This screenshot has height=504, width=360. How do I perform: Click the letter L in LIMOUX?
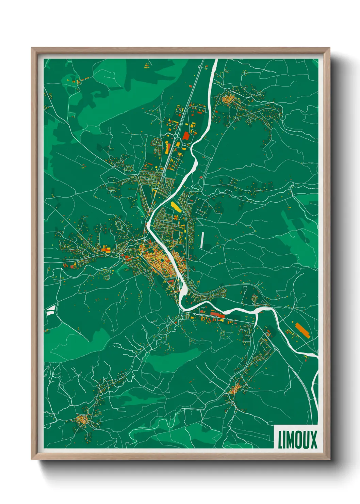click(281, 440)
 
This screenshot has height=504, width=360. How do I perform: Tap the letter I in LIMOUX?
click(285, 440)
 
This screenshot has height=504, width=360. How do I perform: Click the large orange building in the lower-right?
click(302, 330)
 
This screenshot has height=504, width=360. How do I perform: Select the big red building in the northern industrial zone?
click(186, 136)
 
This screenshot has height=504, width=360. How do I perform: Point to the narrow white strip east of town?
click(202, 240)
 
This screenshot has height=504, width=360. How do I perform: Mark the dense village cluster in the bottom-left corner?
click(82, 419)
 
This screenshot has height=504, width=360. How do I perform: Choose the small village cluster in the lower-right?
click(235, 390)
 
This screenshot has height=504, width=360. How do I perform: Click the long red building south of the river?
click(218, 315)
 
